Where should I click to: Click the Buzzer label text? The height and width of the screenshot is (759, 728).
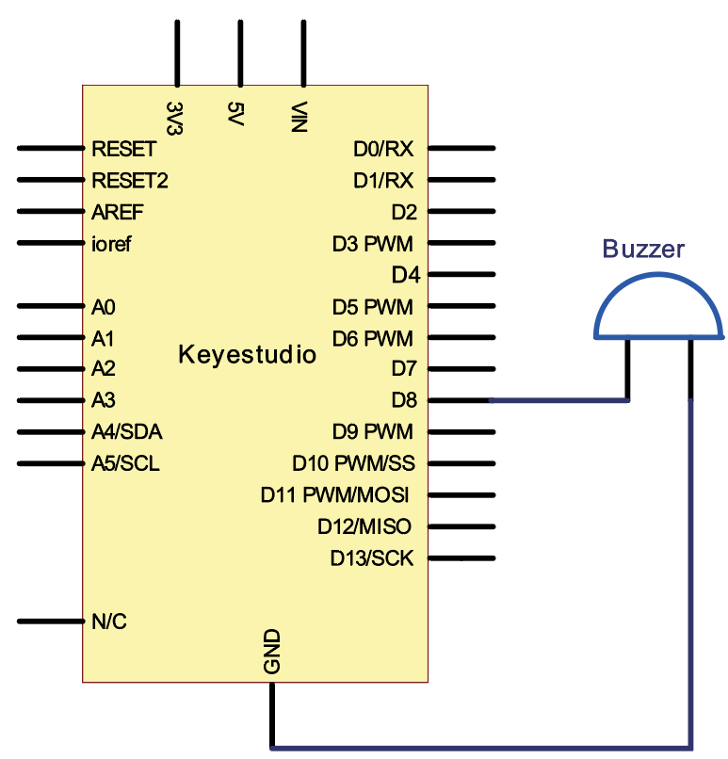click(x=643, y=250)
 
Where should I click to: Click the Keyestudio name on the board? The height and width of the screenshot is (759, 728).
click(x=248, y=355)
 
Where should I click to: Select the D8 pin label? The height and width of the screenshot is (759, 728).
click(x=403, y=400)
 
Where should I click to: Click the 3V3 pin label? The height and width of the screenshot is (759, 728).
click(x=175, y=116)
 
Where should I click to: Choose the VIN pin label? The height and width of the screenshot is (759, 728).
click(x=302, y=117)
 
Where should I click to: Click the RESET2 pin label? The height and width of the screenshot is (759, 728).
click(x=130, y=180)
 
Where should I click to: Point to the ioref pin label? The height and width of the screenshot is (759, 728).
click(x=112, y=243)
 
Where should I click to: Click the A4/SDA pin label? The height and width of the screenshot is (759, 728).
click(x=127, y=432)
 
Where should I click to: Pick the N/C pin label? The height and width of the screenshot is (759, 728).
click(x=109, y=622)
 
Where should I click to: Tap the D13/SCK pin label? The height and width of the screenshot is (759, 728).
click(x=372, y=558)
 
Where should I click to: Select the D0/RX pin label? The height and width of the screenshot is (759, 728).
click(x=383, y=149)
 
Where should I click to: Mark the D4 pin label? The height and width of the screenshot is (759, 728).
click(x=405, y=275)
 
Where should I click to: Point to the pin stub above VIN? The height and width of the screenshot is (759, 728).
click(x=303, y=52)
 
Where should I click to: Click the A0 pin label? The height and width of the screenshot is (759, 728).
click(x=104, y=306)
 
